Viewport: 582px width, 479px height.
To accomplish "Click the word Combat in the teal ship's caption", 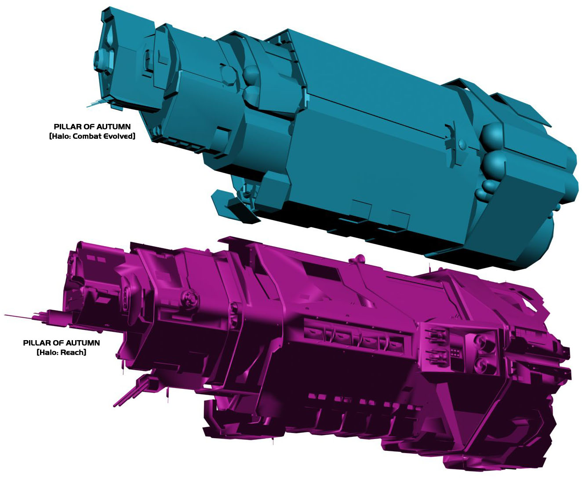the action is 91,136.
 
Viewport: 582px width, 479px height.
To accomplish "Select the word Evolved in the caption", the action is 122,136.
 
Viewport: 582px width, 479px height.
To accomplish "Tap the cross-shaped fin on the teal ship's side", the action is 452,145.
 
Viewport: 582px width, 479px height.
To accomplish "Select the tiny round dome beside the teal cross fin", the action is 462,144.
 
